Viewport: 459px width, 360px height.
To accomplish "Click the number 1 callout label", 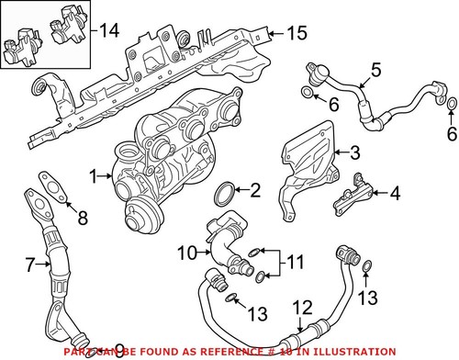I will [93, 174].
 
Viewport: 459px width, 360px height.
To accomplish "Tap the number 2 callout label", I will [255, 191].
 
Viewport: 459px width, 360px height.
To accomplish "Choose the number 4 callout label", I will [395, 195].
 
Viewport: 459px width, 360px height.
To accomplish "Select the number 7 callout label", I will [30, 265].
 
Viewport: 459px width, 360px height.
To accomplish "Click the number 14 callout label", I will [109, 31].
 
